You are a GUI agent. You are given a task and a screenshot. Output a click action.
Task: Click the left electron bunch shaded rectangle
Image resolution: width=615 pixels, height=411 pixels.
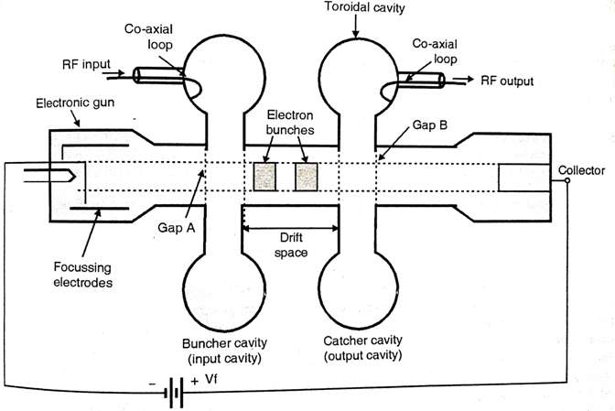(x=267, y=177)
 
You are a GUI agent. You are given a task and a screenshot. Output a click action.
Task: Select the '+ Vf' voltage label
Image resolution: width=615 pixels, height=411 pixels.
(x=206, y=379)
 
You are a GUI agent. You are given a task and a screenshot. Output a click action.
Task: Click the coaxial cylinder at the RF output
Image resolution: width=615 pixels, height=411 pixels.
(x=421, y=81)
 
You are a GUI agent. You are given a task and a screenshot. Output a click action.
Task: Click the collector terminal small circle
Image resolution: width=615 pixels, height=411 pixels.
(x=567, y=180)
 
